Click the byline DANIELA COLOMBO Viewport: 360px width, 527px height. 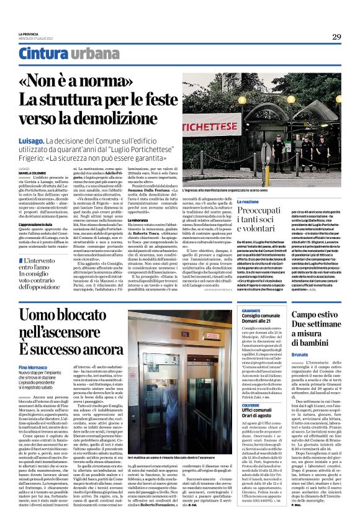click(x=32, y=172)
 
